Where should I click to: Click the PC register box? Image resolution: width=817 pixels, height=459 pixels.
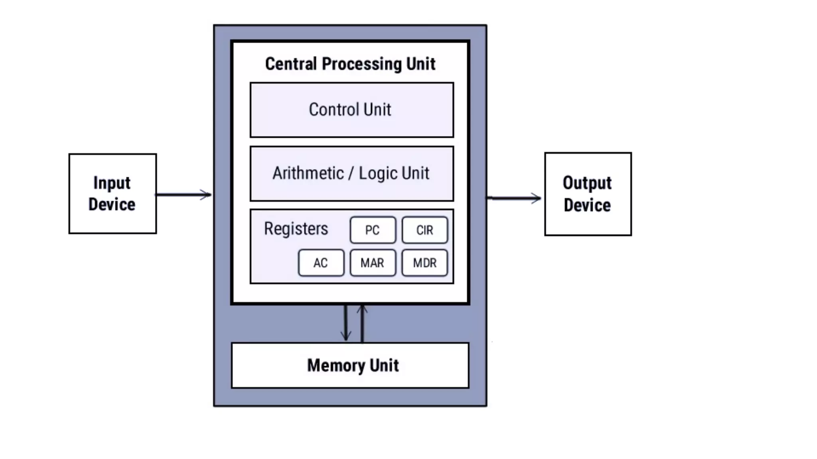(373, 230)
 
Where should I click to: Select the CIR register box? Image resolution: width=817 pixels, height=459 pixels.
(424, 230)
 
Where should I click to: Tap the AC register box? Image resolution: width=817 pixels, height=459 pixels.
(321, 263)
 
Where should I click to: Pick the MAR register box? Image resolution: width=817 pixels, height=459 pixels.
(373, 263)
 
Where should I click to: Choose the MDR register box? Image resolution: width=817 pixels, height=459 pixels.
(424, 263)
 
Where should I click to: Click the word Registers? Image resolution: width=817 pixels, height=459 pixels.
(296, 229)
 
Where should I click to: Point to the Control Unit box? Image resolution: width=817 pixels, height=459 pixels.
(351, 110)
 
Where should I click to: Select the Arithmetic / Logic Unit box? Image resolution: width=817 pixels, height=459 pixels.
(351, 174)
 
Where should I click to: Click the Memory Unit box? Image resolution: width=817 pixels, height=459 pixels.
(350, 365)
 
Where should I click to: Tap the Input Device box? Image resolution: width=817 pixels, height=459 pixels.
(112, 194)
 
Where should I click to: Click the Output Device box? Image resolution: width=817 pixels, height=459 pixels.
(588, 194)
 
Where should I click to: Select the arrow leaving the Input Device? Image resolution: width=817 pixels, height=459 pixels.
(184, 195)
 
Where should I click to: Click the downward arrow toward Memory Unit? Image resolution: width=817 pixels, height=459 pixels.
(345, 323)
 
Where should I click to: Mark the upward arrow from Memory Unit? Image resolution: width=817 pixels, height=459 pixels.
(362, 323)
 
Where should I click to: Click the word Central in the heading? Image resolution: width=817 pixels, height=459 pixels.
(291, 64)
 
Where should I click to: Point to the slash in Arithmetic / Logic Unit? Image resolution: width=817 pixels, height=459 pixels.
(351, 174)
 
